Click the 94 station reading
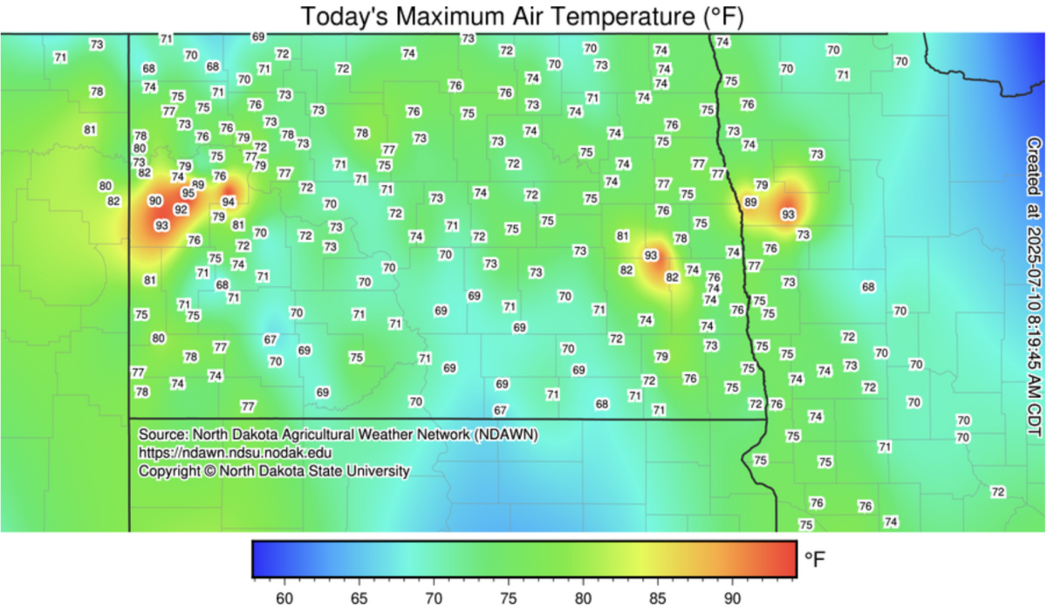click(228, 202)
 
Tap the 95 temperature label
click(188, 193)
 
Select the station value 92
click(181, 209)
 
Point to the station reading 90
click(155, 201)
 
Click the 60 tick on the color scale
click(284, 598)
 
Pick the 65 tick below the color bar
click(358, 598)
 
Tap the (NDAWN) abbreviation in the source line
click(507, 434)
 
